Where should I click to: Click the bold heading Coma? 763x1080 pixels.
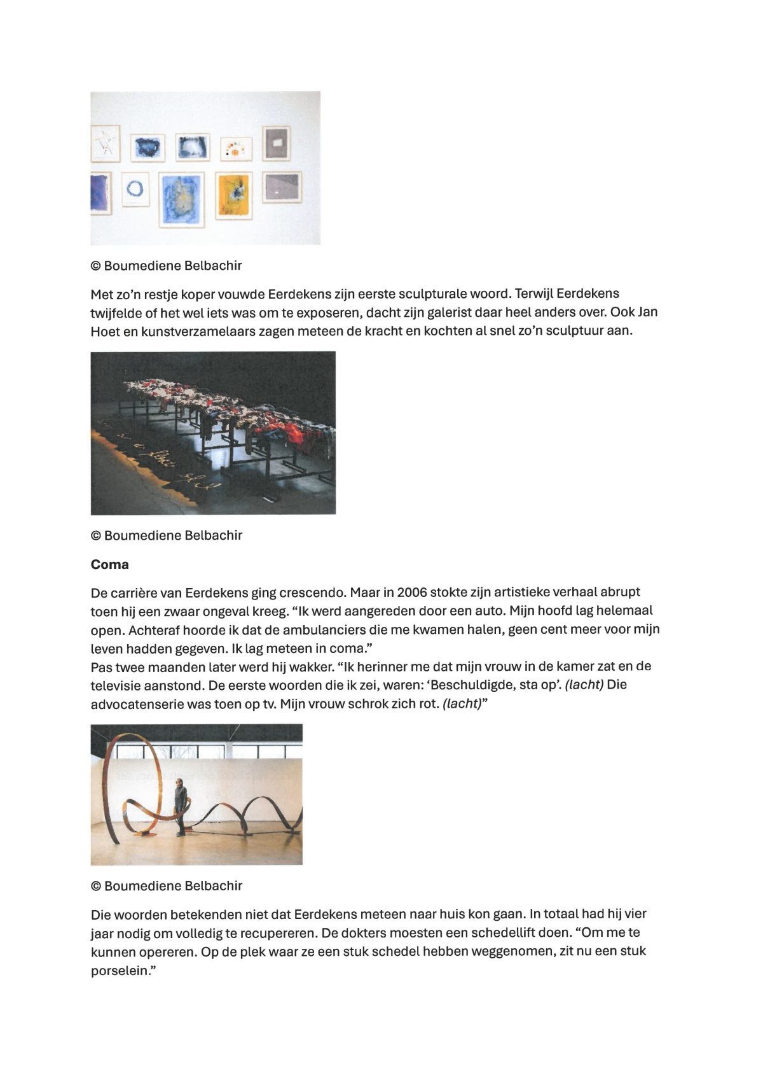tap(109, 565)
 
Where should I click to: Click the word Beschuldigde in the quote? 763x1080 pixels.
tap(467, 685)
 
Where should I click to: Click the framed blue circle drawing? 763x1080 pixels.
tap(135, 189)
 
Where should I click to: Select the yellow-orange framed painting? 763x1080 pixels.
tap(235, 195)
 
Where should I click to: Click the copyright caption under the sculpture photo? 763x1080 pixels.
tap(167, 885)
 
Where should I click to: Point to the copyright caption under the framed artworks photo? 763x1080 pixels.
tap(167, 265)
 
